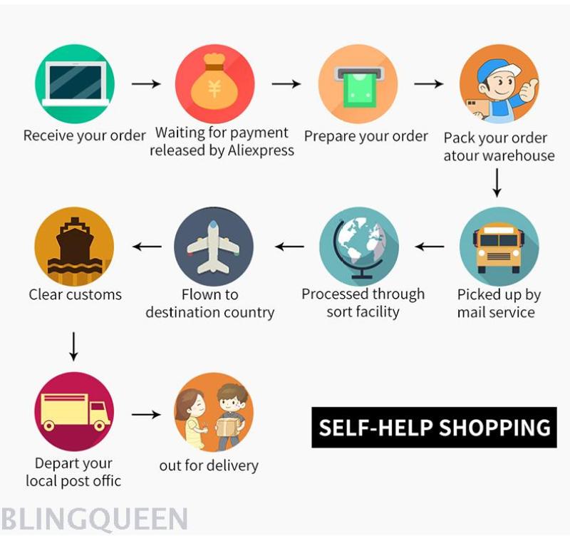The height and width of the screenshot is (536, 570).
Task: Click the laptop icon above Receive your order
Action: [76, 83]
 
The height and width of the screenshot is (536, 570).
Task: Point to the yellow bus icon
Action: [499, 248]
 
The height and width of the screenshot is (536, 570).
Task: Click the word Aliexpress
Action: [261, 150]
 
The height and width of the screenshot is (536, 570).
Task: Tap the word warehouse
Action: [519, 155]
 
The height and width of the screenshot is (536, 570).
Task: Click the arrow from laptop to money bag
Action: [146, 84]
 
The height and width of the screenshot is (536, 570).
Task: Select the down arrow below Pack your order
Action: [497, 183]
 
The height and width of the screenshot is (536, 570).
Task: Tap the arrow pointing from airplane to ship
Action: [147, 247]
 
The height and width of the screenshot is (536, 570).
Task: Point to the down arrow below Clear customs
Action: [74, 346]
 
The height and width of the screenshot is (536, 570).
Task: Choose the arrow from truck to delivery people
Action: [146, 414]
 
